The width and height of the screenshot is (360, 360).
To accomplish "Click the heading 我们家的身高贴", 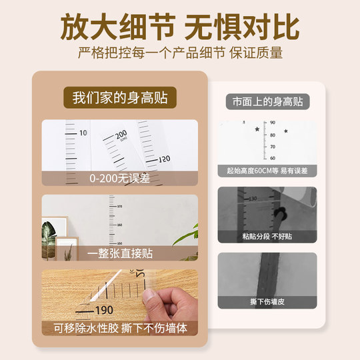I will click(120, 97).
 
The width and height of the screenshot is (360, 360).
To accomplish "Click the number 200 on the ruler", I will click(121, 135).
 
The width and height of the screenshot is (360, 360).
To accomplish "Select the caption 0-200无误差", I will click(120, 178).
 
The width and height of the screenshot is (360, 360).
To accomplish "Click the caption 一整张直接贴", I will click(120, 253).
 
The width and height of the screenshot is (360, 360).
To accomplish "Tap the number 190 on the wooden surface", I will click(104, 310).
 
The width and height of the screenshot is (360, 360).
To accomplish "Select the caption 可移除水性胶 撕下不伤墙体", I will click(120, 328).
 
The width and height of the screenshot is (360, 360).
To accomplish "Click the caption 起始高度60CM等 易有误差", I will click(267, 171).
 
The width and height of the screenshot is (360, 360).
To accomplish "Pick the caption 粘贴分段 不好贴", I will click(267, 236).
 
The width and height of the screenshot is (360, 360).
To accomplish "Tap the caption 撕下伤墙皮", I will click(267, 301).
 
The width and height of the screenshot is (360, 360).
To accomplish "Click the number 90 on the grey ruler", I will click(273, 124).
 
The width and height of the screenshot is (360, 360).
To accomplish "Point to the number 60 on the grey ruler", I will click(273, 158).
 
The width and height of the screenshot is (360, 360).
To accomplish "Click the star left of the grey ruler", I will click(257, 129).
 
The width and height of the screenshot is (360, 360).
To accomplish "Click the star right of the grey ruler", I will click(287, 131).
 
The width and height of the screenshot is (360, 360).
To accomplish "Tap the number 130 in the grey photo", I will click(253, 199).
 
